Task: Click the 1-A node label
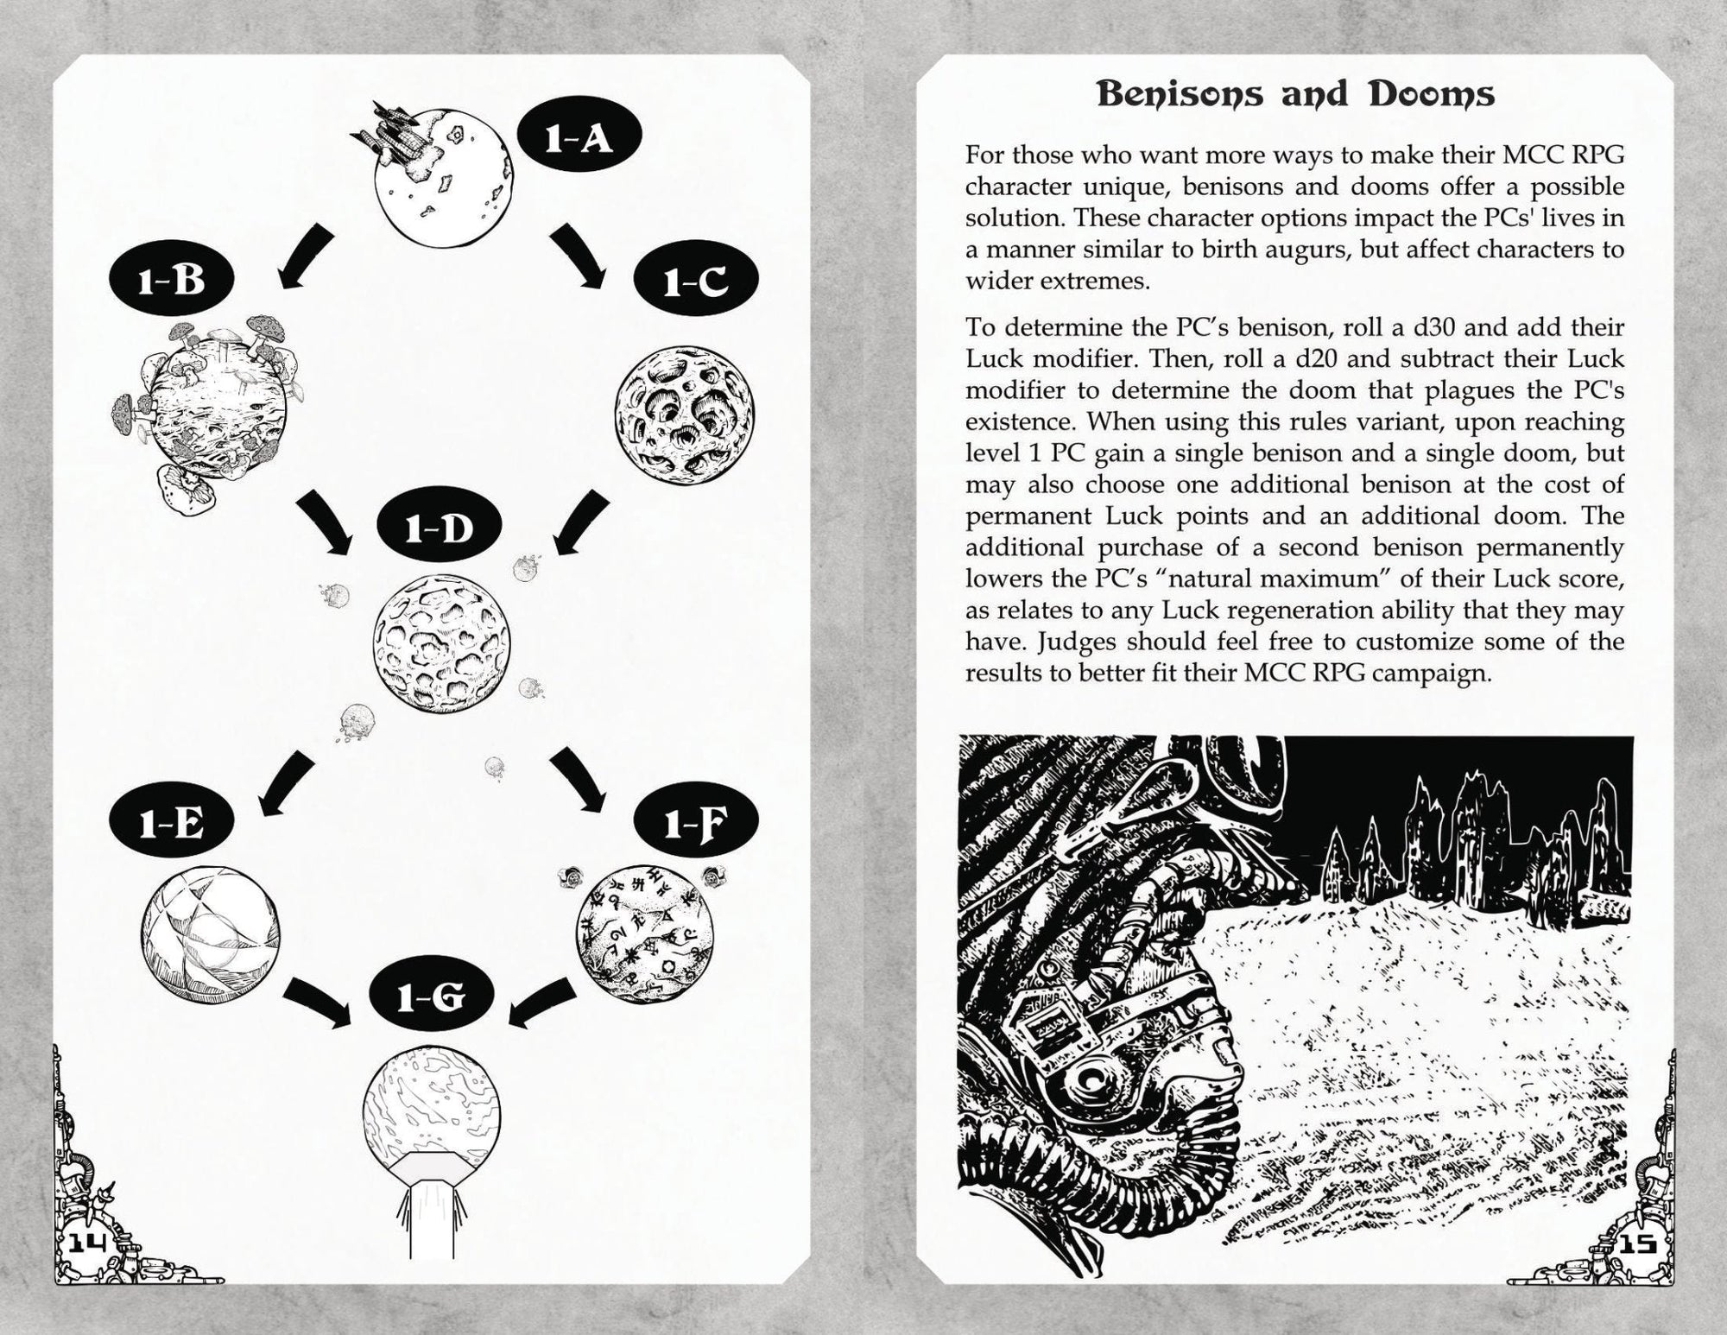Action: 579,137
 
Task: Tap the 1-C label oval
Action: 695,281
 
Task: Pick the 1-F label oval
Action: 695,824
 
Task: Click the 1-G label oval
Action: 431,998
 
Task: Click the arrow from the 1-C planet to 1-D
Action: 579,522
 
